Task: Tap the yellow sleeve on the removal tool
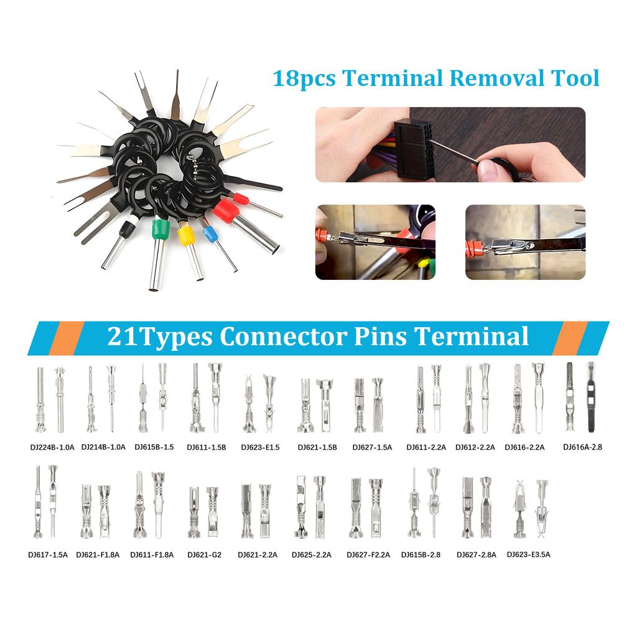pyautogui.click(x=185, y=236)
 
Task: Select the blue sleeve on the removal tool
pyautogui.click(x=209, y=235)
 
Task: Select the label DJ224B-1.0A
pyautogui.click(x=52, y=447)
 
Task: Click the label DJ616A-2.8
pyautogui.click(x=583, y=447)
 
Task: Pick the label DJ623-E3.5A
pyautogui.click(x=528, y=554)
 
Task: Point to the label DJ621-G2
pyautogui.click(x=204, y=554)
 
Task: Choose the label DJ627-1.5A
pyautogui.click(x=372, y=447)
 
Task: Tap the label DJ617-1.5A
pyautogui.click(x=47, y=554)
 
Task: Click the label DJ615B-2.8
pyautogui.click(x=421, y=554)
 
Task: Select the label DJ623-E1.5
pyautogui.click(x=260, y=447)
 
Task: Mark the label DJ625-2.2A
pyautogui.click(x=311, y=554)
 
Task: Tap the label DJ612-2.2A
pyautogui.click(x=475, y=447)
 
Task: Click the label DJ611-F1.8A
pyautogui.click(x=152, y=554)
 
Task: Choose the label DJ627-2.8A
pyautogui.click(x=476, y=554)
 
